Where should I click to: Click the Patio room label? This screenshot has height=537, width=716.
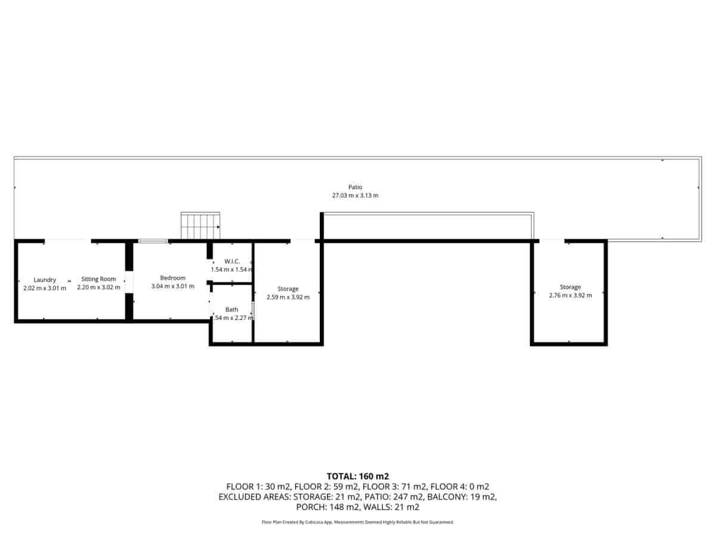click(x=355, y=187)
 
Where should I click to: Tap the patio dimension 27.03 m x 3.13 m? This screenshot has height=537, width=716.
click(x=355, y=195)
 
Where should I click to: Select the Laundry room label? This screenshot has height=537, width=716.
click(x=45, y=279)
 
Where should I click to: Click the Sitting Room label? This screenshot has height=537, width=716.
click(x=98, y=279)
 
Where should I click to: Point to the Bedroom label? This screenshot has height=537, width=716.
click(x=172, y=277)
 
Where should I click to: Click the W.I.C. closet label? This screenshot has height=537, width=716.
click(x=232, y=261)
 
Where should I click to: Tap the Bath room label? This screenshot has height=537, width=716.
click(x=232, y=309)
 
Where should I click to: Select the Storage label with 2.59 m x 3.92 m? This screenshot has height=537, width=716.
click(x=288, y=289)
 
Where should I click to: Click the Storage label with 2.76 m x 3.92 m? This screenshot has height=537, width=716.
click(x=570, y=287)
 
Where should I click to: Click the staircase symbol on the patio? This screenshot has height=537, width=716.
click(x=201, y=226)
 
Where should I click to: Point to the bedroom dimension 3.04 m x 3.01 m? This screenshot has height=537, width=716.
click(x=172, y=286)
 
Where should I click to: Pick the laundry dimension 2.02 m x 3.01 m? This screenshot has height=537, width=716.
click(x=45, y=288)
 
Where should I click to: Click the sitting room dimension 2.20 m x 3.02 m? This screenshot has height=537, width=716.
click(x=98, y=288)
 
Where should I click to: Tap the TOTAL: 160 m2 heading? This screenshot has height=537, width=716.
click(x=357, y=476)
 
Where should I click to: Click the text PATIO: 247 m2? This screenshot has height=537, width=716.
click(x=404, y=497)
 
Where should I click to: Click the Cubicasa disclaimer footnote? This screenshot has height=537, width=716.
click(x=357, y=522)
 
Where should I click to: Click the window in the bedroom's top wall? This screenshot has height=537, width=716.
click(x=153, y=241)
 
